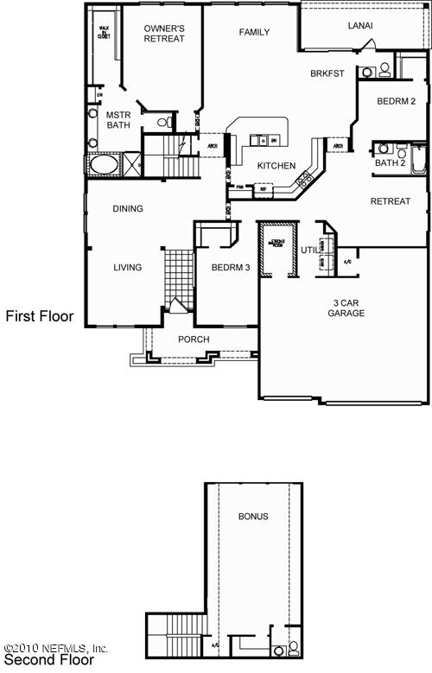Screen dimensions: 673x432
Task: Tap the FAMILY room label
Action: [x=254, y=33]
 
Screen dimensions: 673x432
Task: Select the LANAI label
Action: [x=360, y=26]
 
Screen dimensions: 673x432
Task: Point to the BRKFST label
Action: [x=327, y=74]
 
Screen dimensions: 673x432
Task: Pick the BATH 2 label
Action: [x=391, y=162]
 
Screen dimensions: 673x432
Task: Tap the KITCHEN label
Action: [x=276, y=166]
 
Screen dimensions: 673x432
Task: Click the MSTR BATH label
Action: [x=118, y=119]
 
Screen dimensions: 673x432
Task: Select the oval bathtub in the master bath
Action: [x=104, y=163]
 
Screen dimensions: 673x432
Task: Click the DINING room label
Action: [x=128, y=208]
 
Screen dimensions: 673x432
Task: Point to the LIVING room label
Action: [x=127, y=268]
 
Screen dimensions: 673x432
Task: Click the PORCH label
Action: [x=194, y=340]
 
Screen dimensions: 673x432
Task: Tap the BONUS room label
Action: [x=253, y=517]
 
